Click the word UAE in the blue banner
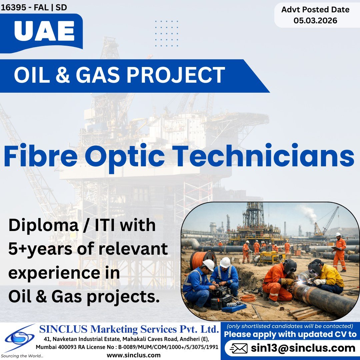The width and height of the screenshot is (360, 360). point(44,32)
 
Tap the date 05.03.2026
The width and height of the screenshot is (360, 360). point(315,21)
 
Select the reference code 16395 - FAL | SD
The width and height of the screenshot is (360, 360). point(34,7)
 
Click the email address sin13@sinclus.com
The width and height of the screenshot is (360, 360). point(303,348)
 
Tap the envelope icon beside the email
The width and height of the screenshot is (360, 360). point(239,348)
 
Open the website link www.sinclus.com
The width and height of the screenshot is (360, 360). point(134,355)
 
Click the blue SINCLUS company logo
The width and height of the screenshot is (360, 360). point(19,338)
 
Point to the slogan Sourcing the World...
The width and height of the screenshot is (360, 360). point(22,356)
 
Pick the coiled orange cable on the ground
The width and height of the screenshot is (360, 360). point(248,297)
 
